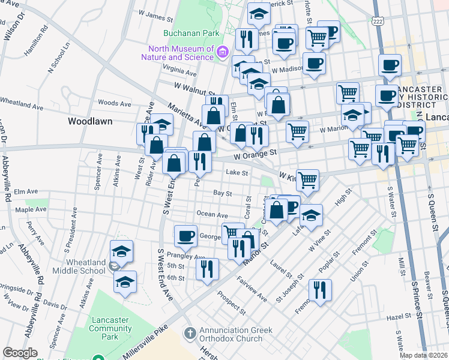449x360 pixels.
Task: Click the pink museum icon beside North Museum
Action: tap(223, 52)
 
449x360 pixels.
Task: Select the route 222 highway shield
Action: tap(377, 20)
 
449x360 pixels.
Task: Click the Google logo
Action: tap(20, 353)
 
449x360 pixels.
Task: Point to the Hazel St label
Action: tap(398, 316)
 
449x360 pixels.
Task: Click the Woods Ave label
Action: tap(114, 104)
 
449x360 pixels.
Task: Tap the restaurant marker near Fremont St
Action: tap(320, 290)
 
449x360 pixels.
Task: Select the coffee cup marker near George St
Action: tap(185, 235)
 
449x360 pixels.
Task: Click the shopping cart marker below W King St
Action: tap(307, 178)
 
